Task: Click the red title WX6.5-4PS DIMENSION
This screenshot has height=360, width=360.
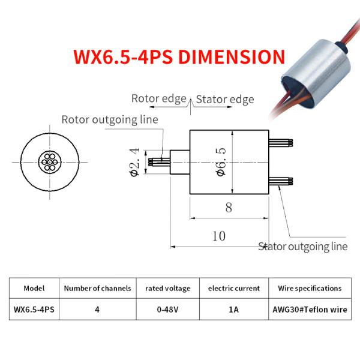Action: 179,57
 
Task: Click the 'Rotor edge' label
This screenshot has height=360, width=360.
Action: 158,98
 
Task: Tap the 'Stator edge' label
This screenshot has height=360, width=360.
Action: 225,100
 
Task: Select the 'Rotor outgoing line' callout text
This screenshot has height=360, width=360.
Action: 110,119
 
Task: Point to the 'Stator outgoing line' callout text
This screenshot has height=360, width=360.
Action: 303,246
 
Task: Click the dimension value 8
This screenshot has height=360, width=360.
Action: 229,208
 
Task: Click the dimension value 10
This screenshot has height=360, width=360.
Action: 219,236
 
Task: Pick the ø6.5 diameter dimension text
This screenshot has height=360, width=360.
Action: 221,161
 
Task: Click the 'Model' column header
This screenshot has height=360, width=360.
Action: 34,288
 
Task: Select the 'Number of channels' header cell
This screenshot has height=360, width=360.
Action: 97,288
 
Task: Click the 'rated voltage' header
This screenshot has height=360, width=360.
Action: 167,288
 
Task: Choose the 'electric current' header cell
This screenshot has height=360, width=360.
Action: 233,288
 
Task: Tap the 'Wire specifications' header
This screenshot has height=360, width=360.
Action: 310,288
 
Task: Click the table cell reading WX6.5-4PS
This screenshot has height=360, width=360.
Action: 34,310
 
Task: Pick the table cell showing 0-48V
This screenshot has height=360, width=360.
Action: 167,310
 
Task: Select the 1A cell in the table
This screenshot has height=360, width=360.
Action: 233,310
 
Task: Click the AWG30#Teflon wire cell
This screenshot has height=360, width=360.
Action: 310,310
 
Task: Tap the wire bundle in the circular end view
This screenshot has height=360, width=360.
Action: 49,161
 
